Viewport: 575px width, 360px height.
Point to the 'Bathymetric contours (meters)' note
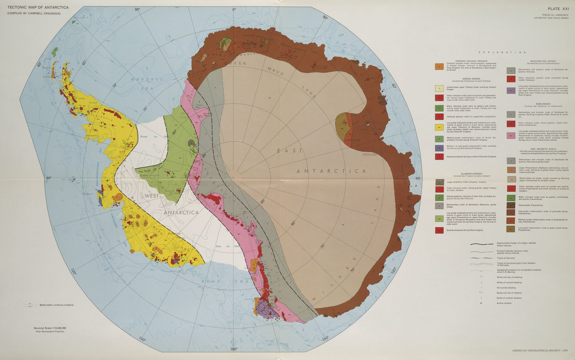pyautogui.click(x=56, y=305)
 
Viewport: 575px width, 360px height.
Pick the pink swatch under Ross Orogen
pyautogui.click(x=511, y=135)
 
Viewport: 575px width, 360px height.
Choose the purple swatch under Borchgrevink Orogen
pyautogui.click(x=511, y=90)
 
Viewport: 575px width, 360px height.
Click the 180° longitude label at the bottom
pyautogui.click(x=234, y=349)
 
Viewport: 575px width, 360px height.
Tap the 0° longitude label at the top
pyautogui.click(x=234, y=9)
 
